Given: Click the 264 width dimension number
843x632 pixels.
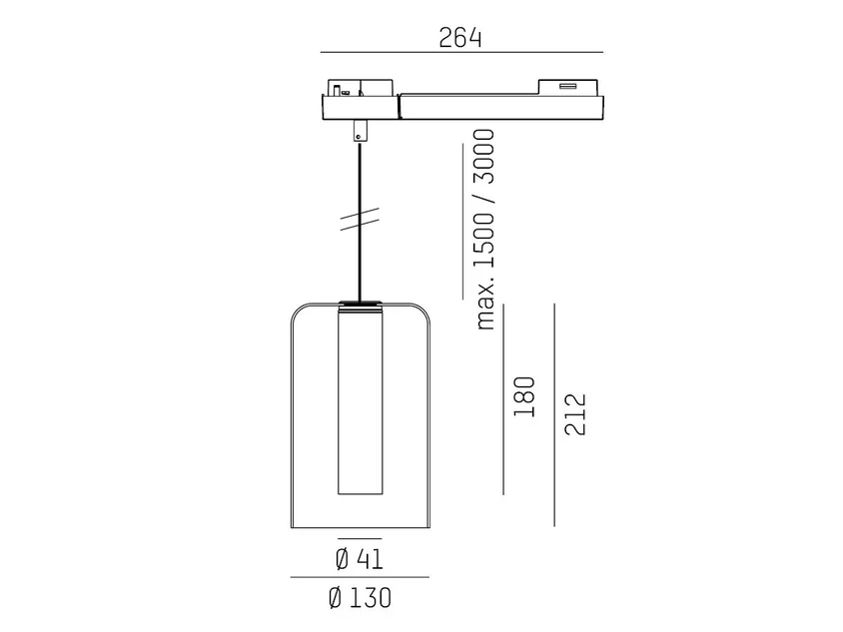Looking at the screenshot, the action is pyautogui.click(x=460, y=38).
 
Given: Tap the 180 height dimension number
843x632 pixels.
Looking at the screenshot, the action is pyautogui.click(x=524, y=396).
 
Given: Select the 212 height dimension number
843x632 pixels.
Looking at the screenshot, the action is pyautogui.click(x=574, y=414).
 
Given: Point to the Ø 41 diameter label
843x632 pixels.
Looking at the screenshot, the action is pyautogui.click(x=360, y=559).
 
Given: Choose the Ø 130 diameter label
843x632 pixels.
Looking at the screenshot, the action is pyautogui.click(x=360, y=598).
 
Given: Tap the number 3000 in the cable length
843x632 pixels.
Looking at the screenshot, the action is pyautogui.click(x=483, y=156).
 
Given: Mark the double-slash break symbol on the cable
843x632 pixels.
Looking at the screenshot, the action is pyautogui.click(x=360, y=220).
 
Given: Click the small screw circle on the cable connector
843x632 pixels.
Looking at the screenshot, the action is pyautogui.click(x=359, y=138).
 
